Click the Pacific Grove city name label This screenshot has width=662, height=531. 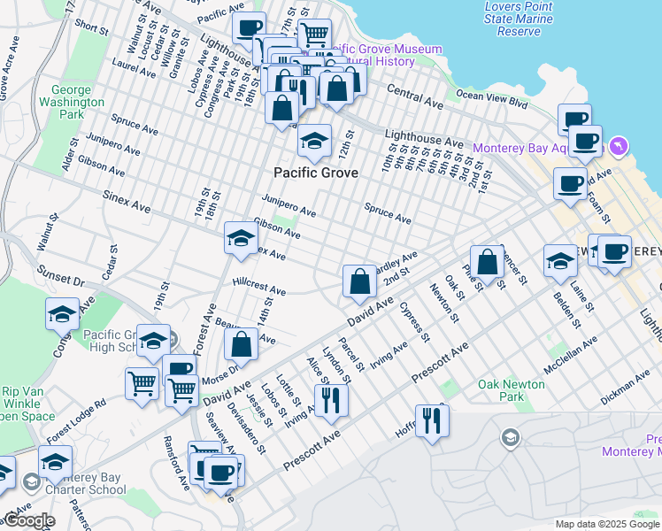316,173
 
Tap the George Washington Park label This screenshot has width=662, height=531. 79,102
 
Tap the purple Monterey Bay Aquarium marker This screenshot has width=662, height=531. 618,145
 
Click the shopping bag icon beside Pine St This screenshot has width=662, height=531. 487,262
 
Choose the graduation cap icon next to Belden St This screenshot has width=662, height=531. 560,260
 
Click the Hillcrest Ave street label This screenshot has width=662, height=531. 258,289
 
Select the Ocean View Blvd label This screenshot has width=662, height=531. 491,99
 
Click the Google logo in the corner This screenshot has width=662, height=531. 28,521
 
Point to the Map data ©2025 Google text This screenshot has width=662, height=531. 606,524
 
